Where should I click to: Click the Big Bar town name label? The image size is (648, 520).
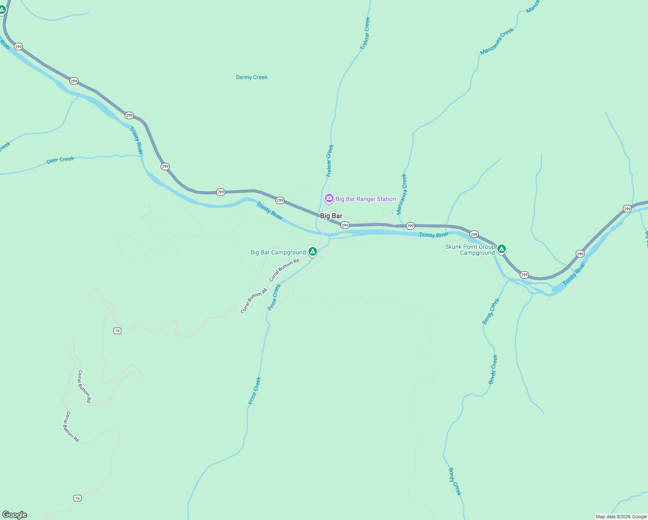tap(331, 216)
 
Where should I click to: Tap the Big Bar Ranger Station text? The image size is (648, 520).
tap(366, 199)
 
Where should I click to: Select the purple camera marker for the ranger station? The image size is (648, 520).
tap(329, 198)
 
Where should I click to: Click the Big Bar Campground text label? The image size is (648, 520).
tap(278, 252)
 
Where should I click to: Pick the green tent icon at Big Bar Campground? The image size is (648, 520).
tap(313, 251)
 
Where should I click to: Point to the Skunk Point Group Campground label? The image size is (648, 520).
tap(470, 250)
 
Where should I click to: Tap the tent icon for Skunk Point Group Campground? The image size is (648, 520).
tap(501, 249)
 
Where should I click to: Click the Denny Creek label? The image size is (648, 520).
tap(252, 77)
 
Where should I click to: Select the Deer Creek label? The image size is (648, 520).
tap(60, 160)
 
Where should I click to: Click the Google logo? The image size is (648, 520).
tap(15, 515)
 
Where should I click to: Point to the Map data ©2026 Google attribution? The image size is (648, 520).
tap(621, 517)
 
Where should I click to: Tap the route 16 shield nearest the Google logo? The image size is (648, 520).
tap(77, 498)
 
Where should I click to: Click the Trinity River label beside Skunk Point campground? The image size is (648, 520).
tap(434, 235)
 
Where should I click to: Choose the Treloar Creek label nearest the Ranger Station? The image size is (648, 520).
tap(330, 161)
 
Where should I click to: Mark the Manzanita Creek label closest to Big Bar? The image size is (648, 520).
tap(402, 194)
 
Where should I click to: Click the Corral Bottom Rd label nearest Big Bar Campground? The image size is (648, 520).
tap(284, 270)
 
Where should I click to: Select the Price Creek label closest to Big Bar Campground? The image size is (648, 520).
tap(274, 297)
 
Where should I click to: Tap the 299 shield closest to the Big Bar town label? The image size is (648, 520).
tap(345, 225)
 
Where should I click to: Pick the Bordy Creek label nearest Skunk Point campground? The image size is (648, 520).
tap(491, 311)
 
